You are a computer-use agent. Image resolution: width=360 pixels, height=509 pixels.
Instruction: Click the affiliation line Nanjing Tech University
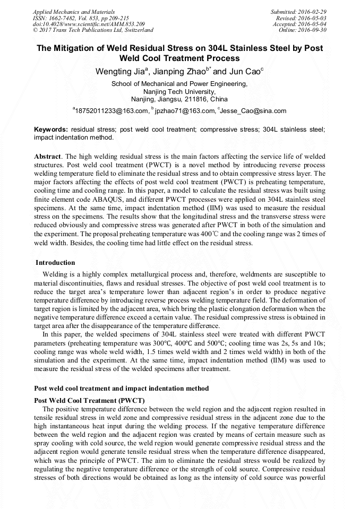coord(179,91)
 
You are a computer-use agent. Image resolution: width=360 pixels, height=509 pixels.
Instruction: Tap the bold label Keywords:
coord(51,129)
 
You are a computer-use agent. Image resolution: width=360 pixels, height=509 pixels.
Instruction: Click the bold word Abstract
coord(48,157)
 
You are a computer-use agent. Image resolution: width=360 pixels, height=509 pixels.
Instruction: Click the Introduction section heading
coord(55,263)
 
